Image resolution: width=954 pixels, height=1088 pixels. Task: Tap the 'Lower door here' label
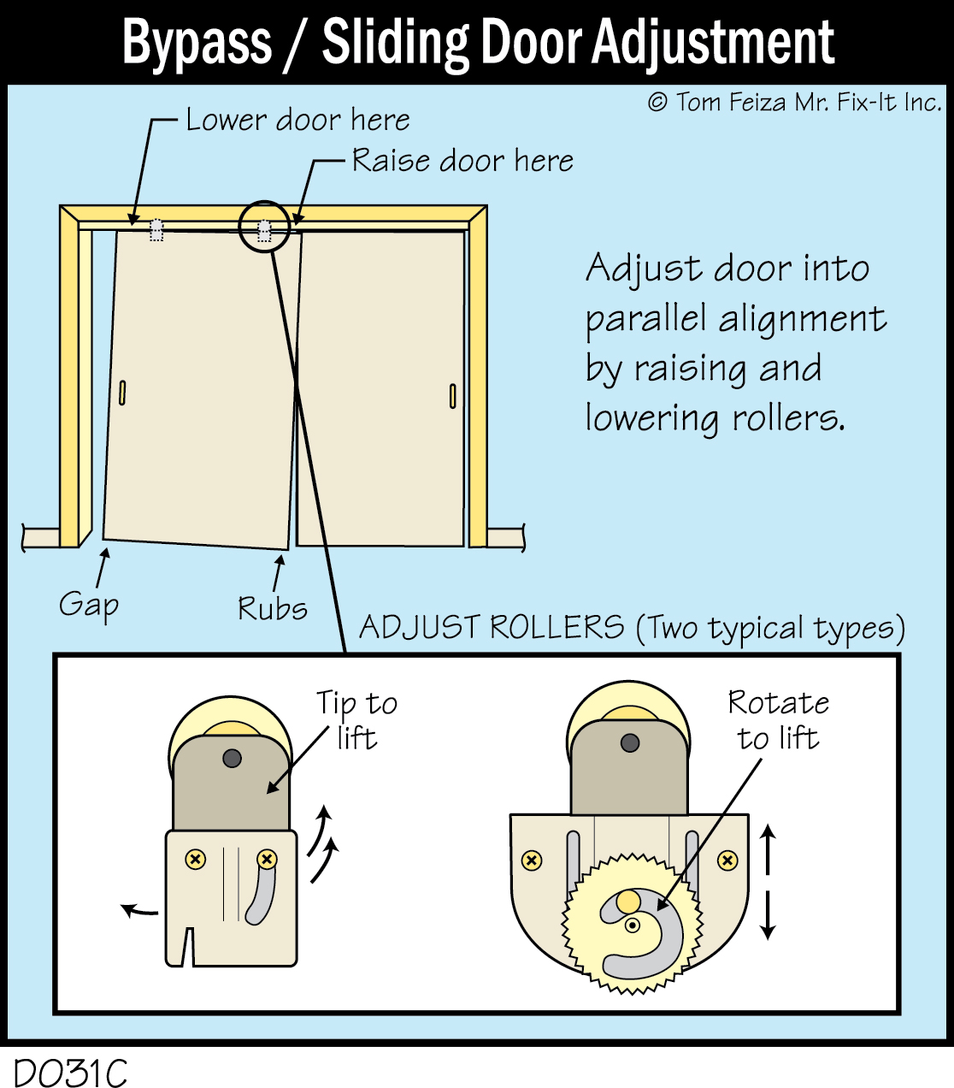297,120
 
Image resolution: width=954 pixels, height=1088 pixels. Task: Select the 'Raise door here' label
462,161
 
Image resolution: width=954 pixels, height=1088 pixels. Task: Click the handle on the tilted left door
122,393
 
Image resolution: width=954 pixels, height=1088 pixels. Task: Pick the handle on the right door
452,396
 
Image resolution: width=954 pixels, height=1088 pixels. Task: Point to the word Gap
88,605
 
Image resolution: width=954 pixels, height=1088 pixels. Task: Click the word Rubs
272,608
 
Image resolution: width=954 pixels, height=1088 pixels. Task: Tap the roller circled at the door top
264,230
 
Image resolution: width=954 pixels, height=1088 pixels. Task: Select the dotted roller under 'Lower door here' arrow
156,230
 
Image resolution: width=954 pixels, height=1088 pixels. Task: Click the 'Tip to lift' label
356,719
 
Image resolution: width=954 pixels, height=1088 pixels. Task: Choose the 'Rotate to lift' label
778,719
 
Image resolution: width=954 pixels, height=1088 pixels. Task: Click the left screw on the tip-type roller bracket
196,859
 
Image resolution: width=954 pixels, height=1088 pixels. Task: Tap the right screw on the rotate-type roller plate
727,860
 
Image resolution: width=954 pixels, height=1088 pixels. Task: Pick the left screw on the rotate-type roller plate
532,860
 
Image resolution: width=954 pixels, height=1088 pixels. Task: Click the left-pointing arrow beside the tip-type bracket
137,911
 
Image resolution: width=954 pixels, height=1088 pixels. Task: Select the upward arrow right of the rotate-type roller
768,847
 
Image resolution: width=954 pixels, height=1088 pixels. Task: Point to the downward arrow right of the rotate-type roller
768,915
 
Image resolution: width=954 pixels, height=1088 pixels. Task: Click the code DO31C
70,1073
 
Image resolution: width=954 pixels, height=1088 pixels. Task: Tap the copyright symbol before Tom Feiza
657,103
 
